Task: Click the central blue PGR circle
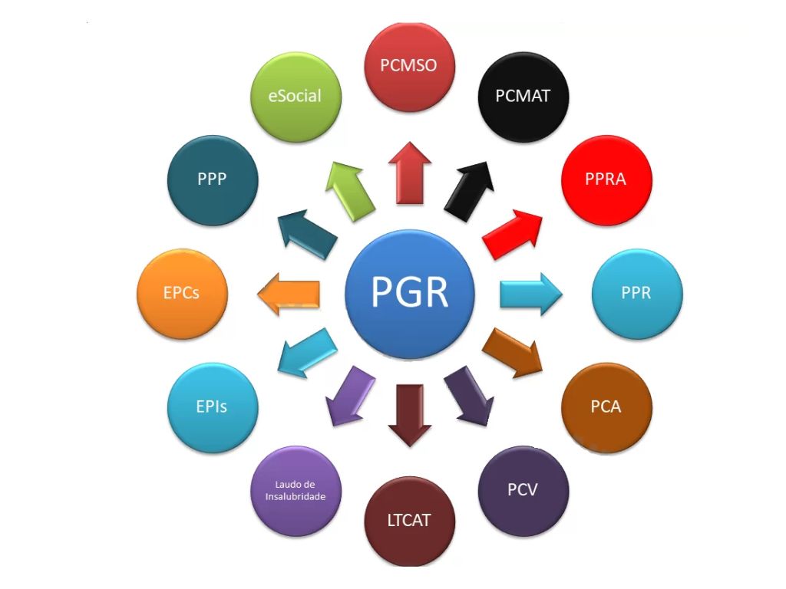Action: click(410, 292)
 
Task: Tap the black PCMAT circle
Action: click(523, 97)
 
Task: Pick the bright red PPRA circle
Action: click(606, 179)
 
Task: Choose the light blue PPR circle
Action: click(637, 294)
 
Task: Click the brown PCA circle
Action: click(606, 407)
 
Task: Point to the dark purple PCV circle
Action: click(523, 490)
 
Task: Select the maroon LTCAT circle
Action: click(409, 521)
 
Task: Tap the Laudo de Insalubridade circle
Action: click(296, 490)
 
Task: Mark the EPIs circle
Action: click(212, 407)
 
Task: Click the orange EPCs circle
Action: click(182, 294)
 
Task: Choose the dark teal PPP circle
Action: click(212, 179)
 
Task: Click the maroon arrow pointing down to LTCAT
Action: click(409, 414)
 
